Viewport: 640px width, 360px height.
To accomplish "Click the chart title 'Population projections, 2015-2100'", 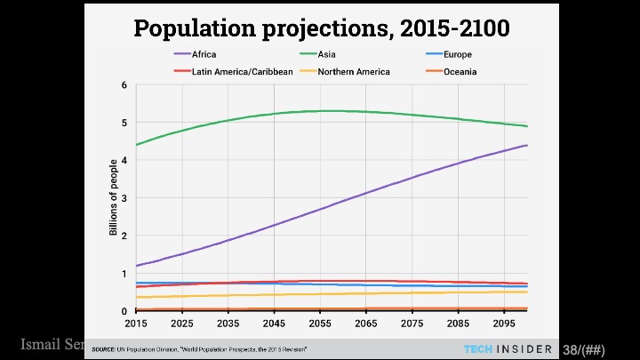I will click(321, 28).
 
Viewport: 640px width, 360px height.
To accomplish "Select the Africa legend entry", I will click(204, 55).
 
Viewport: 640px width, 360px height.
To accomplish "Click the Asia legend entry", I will click(326, 55).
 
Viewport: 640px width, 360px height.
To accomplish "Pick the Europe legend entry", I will click(459, 55).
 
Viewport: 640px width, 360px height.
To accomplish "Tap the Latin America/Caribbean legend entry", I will click(230, 71).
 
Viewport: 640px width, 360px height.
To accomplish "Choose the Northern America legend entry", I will click(353, 71).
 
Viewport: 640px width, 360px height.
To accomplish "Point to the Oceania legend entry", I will click(460, 71).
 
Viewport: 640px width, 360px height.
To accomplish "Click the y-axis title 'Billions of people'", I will click(113, 197).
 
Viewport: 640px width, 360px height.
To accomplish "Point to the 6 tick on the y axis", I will click(124, 85).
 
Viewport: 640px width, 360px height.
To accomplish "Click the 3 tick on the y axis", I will click(124, 198).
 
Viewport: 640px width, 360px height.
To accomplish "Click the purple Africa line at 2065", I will click(366, 193).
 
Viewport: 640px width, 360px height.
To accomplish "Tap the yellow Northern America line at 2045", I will click(275, 295).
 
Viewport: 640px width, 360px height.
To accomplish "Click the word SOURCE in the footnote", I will click(103, 349).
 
